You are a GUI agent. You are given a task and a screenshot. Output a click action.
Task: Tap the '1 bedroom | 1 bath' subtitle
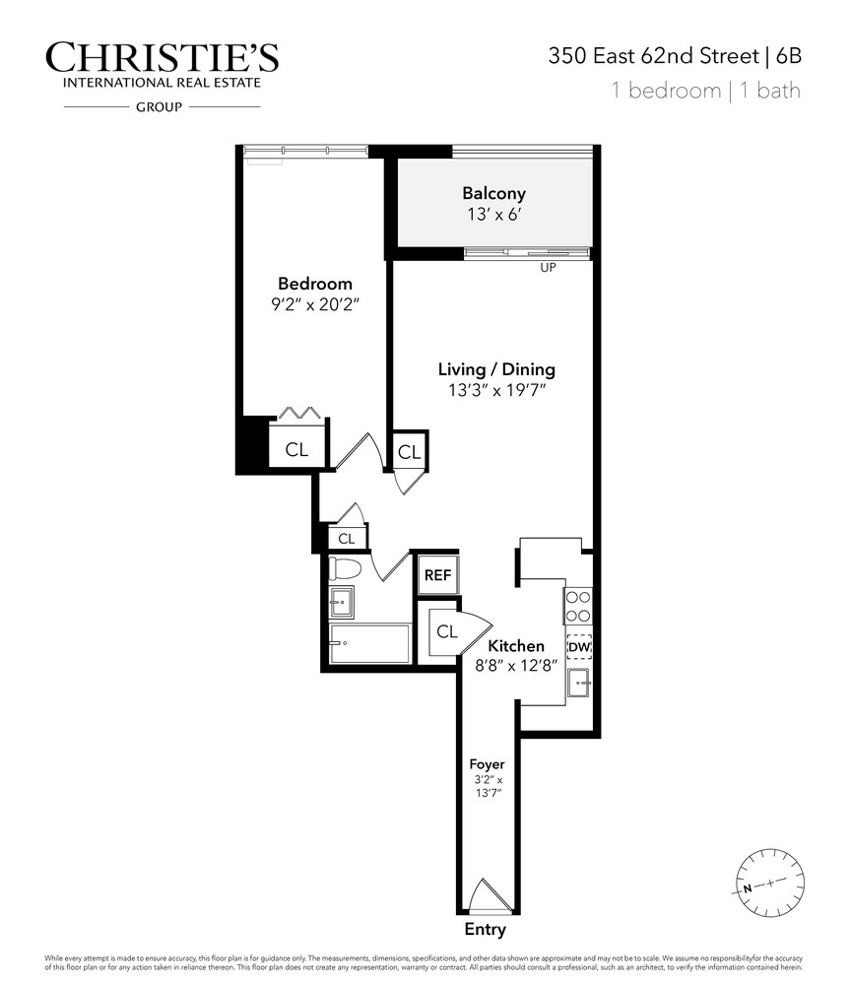tap(704, 92)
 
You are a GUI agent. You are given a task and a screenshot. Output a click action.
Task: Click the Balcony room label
tap(493, 194)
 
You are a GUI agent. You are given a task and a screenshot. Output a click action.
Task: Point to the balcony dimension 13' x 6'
tap(493, 215)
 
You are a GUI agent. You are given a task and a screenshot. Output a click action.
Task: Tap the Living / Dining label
tap(496, 369)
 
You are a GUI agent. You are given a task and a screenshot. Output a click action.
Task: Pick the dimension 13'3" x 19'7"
tap(496, 391)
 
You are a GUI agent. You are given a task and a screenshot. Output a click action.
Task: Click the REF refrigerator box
tap(435, 575)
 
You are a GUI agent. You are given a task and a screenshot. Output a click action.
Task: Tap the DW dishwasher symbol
tap(579, 645)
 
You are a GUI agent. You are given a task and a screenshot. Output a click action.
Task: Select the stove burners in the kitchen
tap(579, 606)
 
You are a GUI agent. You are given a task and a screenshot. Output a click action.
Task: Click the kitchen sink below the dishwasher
tap(579, 681)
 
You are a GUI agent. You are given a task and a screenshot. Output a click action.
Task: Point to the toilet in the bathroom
tap(347, 568)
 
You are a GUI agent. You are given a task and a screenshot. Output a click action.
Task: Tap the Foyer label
tap(487, 763)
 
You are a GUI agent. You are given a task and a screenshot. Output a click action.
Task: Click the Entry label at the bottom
tap(485, 930)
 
